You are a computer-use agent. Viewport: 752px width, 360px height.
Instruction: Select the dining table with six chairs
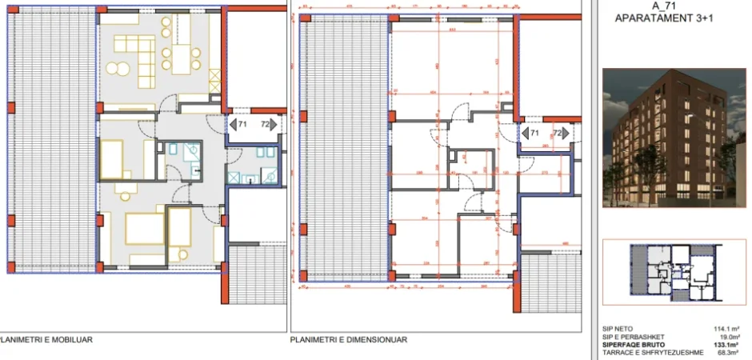pyautogui.click(x=178, y=55)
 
